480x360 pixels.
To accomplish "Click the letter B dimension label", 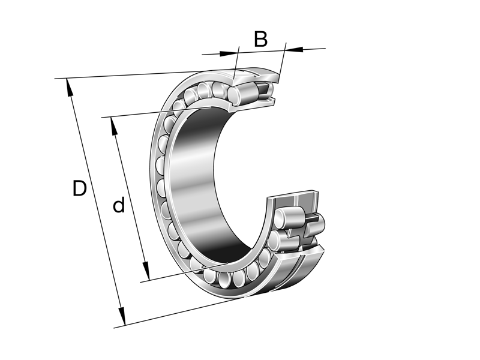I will pyautogui.click(x=260, y=39).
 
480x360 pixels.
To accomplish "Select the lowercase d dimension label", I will pyautogui.click(x=119, y=206).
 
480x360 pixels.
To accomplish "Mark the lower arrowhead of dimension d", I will pyautogui.click(x=145, y=270).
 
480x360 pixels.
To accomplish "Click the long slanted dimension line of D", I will pyautogui.click(x=96, y=204).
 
